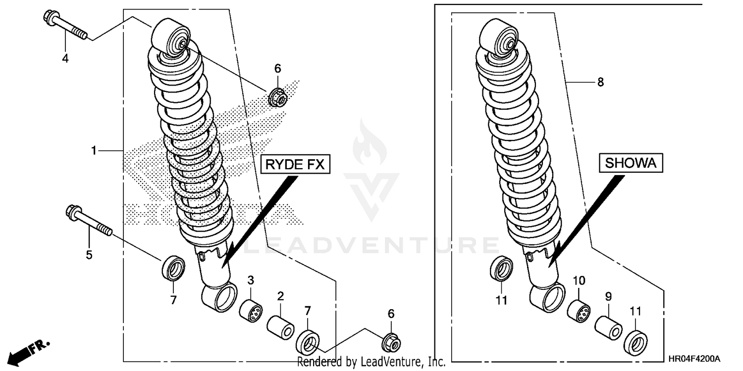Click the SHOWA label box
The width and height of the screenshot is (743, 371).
click(631, 163)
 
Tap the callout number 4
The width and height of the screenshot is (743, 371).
click(65, 59)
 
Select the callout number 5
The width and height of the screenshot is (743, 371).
click(89, 255)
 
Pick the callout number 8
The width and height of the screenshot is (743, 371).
click(600, 83)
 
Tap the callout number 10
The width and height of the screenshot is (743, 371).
click(579, 281)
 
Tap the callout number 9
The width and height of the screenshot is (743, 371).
click(608, 297)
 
